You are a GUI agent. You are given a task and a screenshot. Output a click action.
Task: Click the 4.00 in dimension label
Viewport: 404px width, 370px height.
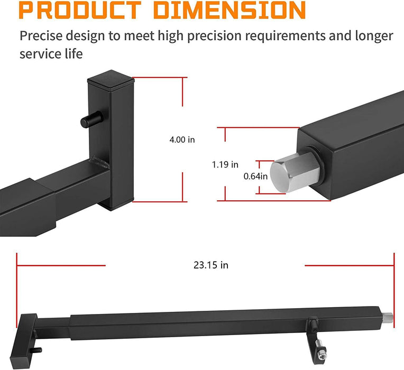(x=182, y=140)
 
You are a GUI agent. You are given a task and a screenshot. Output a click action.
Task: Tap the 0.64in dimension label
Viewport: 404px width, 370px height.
(x=255, y=176)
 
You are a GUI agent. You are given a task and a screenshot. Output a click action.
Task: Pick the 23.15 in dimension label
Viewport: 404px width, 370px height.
(x=210, y=265)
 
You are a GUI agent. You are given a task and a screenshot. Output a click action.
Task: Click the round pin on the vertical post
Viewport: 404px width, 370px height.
(x=90, y=121)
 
